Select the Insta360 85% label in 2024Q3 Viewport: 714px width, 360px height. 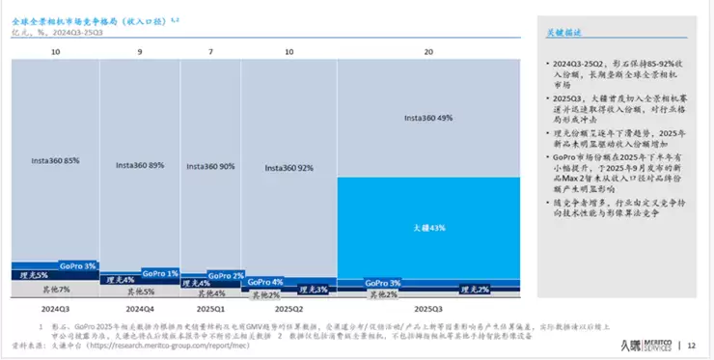tap(55, 160)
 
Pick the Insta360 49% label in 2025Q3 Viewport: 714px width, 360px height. tap(427, 118)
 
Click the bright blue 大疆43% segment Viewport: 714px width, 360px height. tap(427, 228)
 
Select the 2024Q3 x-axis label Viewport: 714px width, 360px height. tap(55, 310)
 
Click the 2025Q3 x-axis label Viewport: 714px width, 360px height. tap(427, 310)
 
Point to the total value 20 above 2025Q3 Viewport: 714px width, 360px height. tap(427, 50)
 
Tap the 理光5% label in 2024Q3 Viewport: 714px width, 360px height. tap(38, 274)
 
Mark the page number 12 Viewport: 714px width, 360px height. tap(692, 345)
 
